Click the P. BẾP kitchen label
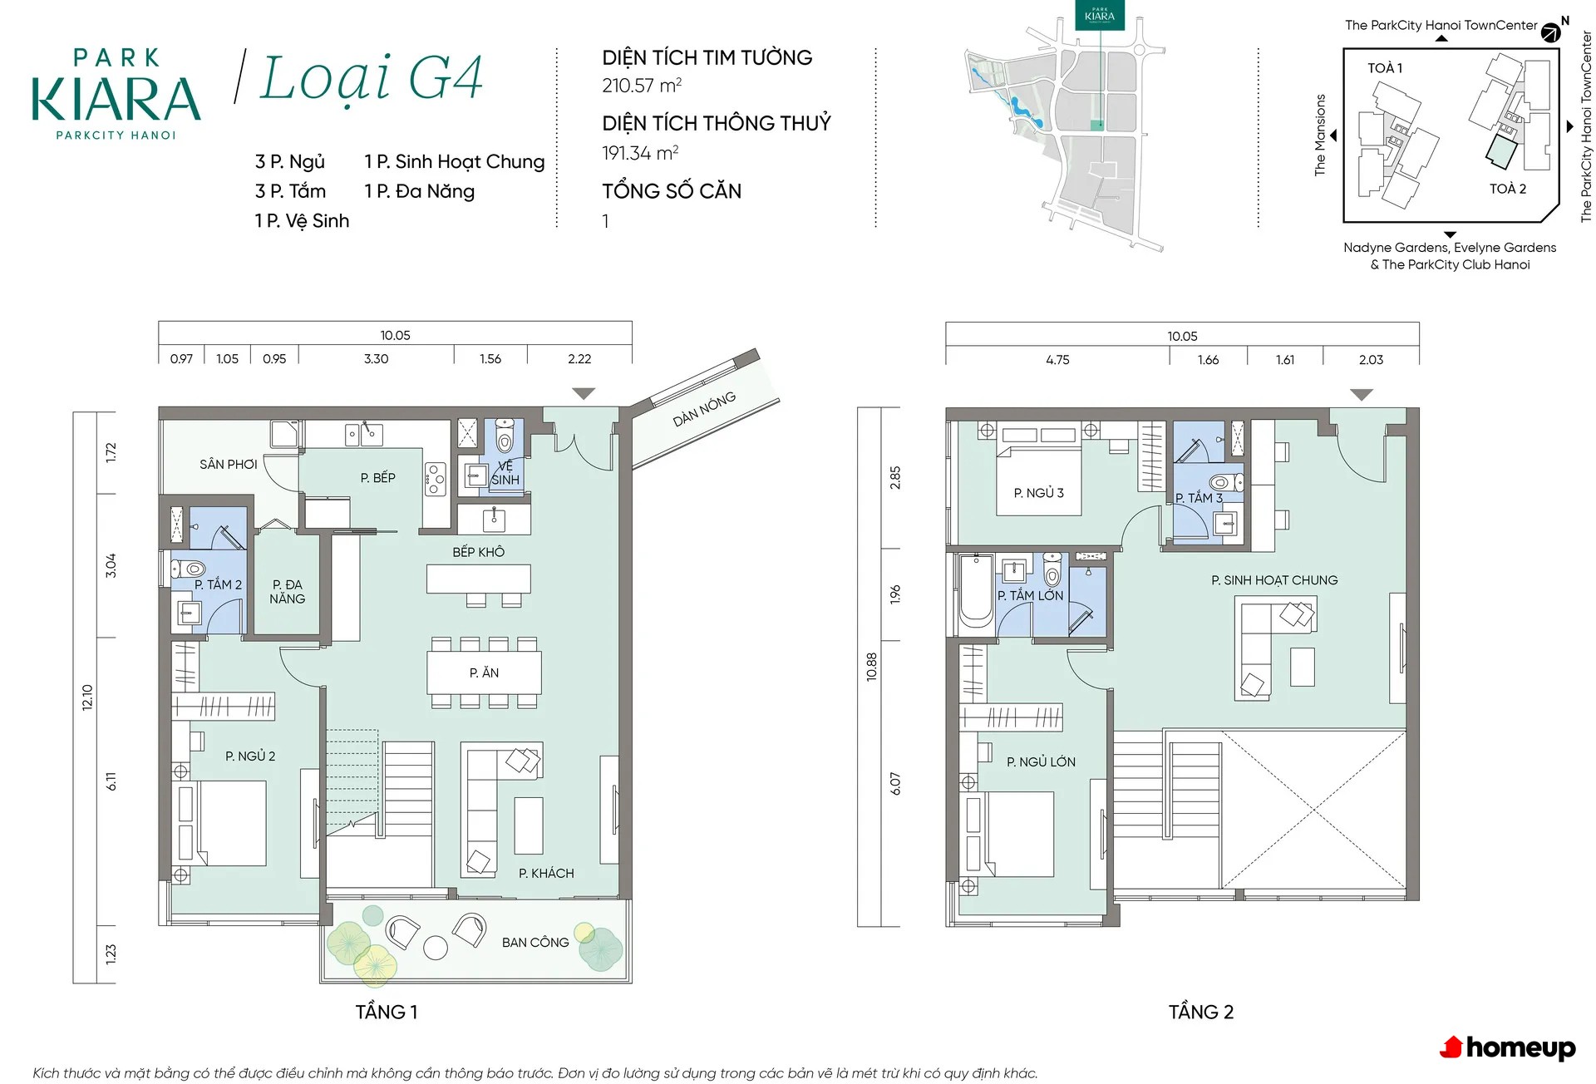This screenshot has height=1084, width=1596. pyautogui.click(x=377, y=478)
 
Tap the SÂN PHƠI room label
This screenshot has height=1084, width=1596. pyautogui.click(x=228, y=464)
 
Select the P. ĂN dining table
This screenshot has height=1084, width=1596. pyautogui.click(x=484, y=673)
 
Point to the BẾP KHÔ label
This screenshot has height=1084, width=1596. pyautogui.click(x=478, y=552)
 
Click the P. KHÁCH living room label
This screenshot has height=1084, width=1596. pyautogui.click(x=546, y=873)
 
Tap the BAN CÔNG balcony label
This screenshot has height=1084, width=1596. pyautogui.click(x=535, y=942)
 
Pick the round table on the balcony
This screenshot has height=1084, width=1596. pyautogui.click(x=436, y=948)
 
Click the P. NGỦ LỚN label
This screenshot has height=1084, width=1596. pyautogui.click(x=1041, y=761)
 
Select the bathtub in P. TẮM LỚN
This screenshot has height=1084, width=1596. pyautogui.click(x=976, y=592)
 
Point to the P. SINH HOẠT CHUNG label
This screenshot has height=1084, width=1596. pyautogui.click(x=1274, y=580)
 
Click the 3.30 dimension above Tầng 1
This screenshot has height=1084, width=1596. pyautogui.click(x=376, y=359)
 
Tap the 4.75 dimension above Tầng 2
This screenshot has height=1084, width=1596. pyautogui.click(x=1057, y=360)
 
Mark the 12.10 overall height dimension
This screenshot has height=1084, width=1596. pyautogui.click(x=87, y=697)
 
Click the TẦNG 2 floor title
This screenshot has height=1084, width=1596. pyautogui.click(x=1201, y=1012)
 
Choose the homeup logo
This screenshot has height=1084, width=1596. pyautogui.click(x=1508, y=1048)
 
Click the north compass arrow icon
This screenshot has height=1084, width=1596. pyautogui.click(x=1551, y=33)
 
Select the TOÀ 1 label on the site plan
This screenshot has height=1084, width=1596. pyautogui.click(x=1385, y=68)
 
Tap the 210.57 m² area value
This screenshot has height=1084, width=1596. pyautogui.click(x=642, y=85)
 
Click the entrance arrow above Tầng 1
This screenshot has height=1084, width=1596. pyautogui.click(x=584, y=393)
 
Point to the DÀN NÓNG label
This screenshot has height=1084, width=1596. pyautogui.click(x=704, y=409)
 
